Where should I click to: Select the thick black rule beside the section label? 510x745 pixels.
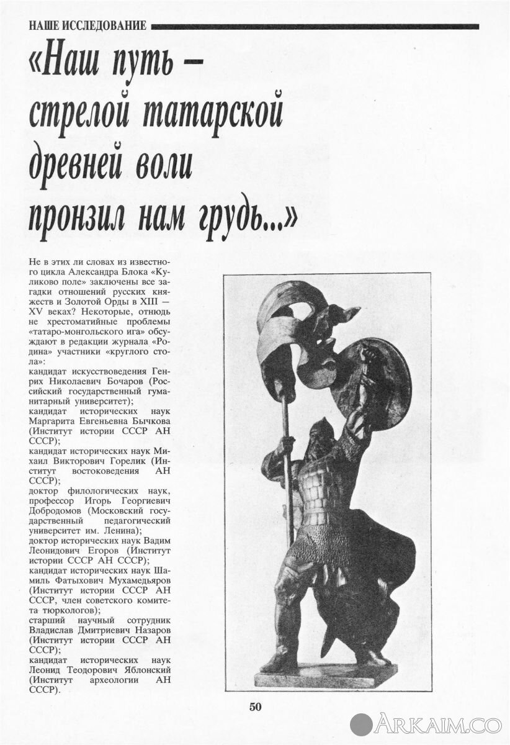315,26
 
